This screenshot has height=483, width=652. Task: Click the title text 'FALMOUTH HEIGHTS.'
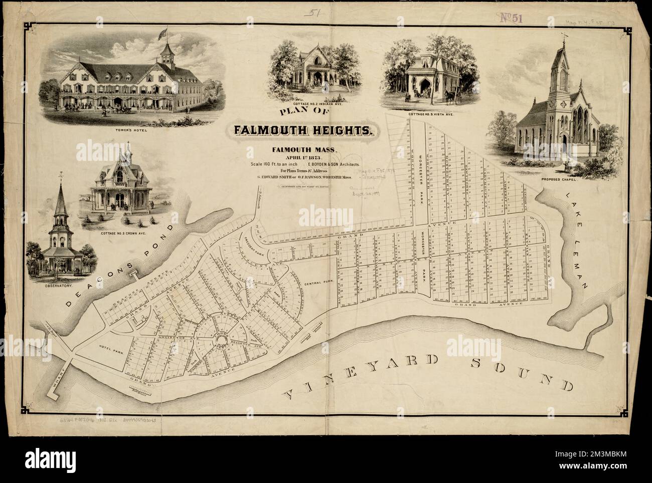pyautogui.click(x=302, y=131)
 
